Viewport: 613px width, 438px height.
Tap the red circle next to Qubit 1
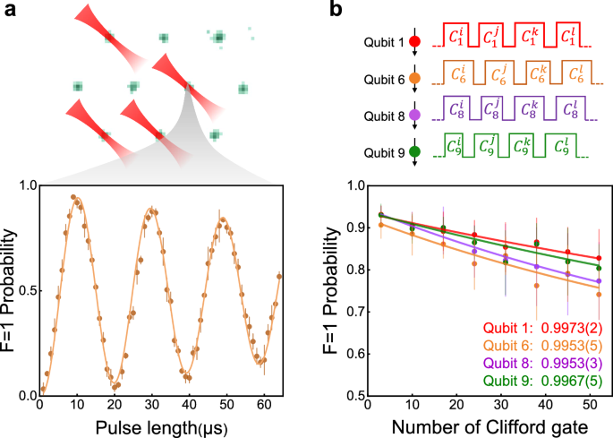(413, 41)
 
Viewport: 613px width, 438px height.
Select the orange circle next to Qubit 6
(413, 79)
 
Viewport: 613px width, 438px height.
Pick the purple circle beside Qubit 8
(413, 116)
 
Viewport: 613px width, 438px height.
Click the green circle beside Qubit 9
(413, 152)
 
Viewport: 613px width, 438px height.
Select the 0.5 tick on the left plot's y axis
(26, 290)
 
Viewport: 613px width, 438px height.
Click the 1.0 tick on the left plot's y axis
(26, 185)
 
